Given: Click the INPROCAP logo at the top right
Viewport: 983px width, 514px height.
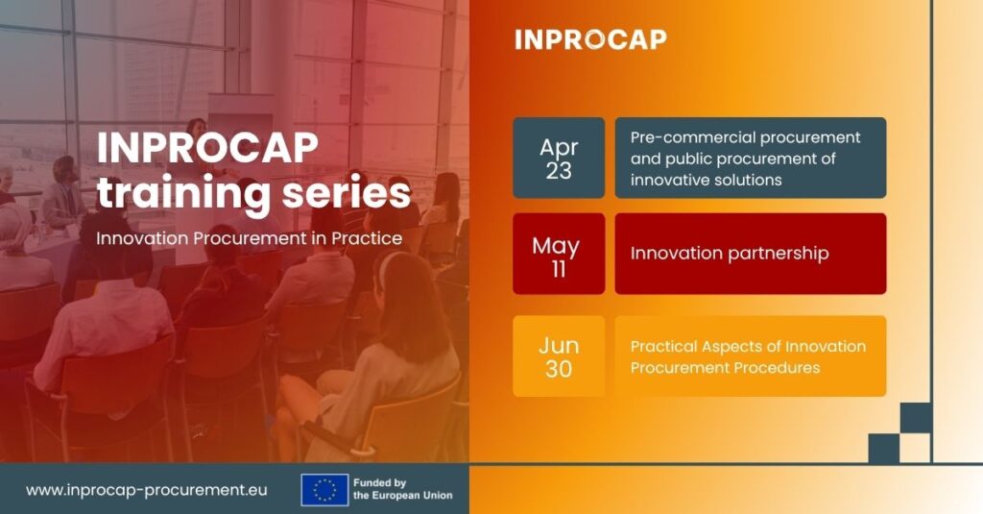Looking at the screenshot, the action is click(x=590, y=39).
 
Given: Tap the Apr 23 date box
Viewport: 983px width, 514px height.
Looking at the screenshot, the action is click(x=559, y=159).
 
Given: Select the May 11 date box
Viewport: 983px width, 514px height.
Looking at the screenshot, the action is click(x=559, y=254).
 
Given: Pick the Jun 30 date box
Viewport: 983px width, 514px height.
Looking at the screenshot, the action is click(x=559, y=355).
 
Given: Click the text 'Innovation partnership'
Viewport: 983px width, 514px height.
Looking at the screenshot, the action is click(x=730, y=254).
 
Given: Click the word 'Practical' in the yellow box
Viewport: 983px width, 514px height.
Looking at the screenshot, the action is click(x=663, y=347).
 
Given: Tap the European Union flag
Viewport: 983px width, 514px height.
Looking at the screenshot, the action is click(x=324, y=490).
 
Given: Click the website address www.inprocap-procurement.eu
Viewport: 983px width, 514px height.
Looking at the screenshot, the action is click(x=147, y=490).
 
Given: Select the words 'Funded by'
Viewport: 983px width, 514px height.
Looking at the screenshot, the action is click(x=379, y=482).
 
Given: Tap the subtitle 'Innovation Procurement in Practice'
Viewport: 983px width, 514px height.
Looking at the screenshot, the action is click(x=249, y=238).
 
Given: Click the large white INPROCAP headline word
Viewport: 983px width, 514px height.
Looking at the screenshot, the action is click(x=207, y=148).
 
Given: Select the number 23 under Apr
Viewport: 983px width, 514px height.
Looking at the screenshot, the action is click(x=559, y=170).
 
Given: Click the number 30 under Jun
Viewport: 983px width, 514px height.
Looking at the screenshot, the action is click(x=559, y=368).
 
